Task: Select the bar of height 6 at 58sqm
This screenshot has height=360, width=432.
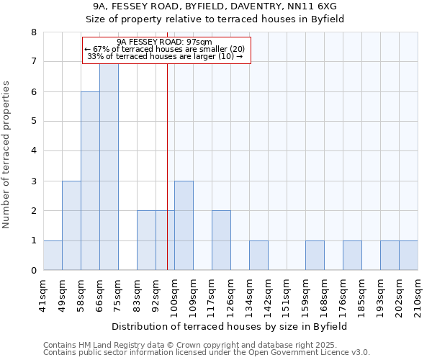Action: coord(90,181)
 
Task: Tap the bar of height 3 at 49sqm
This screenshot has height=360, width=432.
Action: coord(71,225)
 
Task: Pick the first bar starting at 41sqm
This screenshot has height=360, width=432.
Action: coord(53,256)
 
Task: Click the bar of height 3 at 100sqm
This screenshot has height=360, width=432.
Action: coord(184,225)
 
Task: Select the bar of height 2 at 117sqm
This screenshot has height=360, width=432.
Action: coord(221,240)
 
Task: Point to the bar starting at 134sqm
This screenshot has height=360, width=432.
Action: coord(258,256)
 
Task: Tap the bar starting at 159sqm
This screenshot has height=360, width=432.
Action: coord(315,256)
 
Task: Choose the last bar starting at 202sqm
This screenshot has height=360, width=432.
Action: coord(408,256)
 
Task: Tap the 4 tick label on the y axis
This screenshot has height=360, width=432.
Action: coord(33,151)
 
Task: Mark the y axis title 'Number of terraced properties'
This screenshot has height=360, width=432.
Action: coord(6,155)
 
